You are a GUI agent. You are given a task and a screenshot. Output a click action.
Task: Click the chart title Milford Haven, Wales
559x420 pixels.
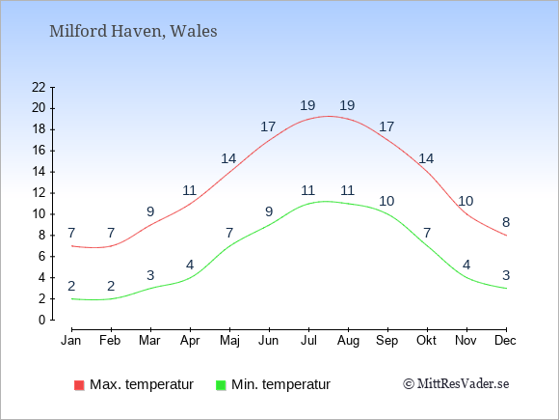point(133,31)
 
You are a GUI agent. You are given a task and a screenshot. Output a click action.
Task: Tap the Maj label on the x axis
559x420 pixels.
point(229,341)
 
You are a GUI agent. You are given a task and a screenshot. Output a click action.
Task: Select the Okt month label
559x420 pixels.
point(426,341)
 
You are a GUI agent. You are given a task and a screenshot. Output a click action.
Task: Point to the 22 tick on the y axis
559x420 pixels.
point(39,87)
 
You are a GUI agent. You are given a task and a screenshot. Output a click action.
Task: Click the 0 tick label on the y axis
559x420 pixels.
point(42,320)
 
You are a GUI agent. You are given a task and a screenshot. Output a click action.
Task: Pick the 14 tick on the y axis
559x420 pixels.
point(39,172)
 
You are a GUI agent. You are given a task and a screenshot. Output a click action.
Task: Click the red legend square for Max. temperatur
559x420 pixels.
point(79,385)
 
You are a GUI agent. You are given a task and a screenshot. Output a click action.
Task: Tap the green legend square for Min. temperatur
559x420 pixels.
point(221,385)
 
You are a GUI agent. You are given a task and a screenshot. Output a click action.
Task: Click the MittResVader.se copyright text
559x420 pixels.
point(456,384)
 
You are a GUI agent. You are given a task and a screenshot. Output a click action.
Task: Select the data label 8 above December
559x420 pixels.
point(506,222)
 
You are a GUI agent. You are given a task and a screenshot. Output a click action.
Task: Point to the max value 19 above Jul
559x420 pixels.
point(307,105)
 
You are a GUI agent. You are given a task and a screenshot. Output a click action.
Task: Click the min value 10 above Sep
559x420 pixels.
point(386,202)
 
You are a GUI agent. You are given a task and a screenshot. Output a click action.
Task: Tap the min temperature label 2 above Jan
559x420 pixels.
point(71,286)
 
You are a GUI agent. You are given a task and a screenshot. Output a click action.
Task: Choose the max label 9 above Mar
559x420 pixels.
point(150,211)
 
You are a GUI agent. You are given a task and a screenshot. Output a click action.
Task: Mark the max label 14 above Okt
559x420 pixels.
point(426,158)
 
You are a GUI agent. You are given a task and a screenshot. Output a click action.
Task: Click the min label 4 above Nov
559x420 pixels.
point(466,265)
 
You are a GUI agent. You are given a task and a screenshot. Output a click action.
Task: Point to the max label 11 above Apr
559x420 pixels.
point(189,191)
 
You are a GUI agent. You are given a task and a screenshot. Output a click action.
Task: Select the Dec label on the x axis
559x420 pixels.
point(505,341)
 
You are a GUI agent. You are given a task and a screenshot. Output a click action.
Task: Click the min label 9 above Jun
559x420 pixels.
point(269,211)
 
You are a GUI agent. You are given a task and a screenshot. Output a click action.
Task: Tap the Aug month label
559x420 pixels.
point(348,341)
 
